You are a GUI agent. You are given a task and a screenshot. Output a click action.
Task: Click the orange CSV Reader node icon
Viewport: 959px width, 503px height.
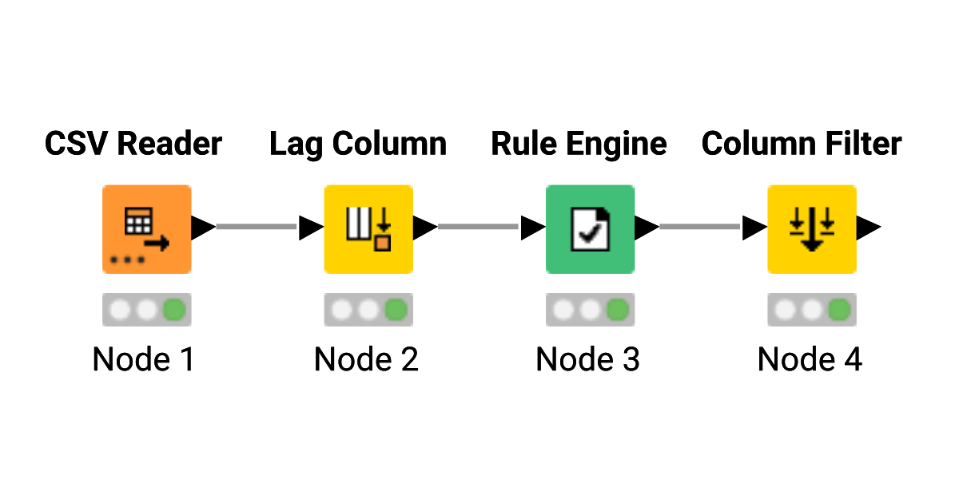pyautogui.click(x=146, y=229)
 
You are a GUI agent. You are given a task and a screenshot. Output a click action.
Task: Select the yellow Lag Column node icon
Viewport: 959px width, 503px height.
pyautogui.click(x=368, y=229)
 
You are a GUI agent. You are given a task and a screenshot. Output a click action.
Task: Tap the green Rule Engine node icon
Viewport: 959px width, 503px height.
pyautogui.click(x=590, y=229)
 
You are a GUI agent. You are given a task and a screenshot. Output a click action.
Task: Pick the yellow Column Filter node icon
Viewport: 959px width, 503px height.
pyautogui.click(x=812, y=229)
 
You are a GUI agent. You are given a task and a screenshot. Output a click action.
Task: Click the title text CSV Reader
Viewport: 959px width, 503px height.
pyautogui.click(x=133, y=145)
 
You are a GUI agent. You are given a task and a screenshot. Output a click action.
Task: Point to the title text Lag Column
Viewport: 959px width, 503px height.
pyautogui.click(x=358, y=145)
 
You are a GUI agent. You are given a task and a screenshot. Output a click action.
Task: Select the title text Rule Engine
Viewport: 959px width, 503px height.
pyautogui.click(x=579, y=145)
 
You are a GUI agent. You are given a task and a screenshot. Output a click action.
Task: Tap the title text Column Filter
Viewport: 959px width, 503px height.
pyautogui.click(x=802, y=145)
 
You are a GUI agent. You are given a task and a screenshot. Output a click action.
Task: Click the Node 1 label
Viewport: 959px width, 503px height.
pyautogui.click(x=144, y=359)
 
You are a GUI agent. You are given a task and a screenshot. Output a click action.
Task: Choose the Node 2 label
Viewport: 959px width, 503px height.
pyautogui.click(x=366, y=359)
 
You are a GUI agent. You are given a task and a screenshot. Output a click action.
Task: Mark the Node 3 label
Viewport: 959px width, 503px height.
pyautogui.click(x=587, y=359)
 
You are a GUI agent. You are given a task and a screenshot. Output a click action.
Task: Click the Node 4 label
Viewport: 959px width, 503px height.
pyautogui.click(x=810, y=359)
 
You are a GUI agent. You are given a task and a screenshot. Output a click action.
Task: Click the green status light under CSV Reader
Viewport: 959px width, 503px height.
pyautogui.click(x=174, y=310)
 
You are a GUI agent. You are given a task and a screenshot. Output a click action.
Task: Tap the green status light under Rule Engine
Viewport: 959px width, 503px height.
pyautogui.click(x=617, y=310)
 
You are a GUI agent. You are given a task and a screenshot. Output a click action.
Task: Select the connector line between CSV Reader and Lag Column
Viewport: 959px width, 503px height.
pyautogui.click(x=256, y=228)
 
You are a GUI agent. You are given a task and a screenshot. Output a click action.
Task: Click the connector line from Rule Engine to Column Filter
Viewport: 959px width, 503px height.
pyautogui.click(x=699, y=228)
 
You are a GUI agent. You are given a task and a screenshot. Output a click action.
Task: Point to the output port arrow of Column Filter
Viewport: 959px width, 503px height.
pyautogui.click(x=868, y=228)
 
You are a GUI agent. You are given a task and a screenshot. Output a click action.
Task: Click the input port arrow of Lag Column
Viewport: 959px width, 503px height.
pyautogui.click(x=310, y=228)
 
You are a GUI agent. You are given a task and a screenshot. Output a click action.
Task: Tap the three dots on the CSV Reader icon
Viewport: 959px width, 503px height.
pyautogui.click(x=128, y=260)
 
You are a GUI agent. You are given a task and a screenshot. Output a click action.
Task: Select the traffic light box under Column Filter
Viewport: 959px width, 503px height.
pyautogui.click(x=812, y=310)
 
